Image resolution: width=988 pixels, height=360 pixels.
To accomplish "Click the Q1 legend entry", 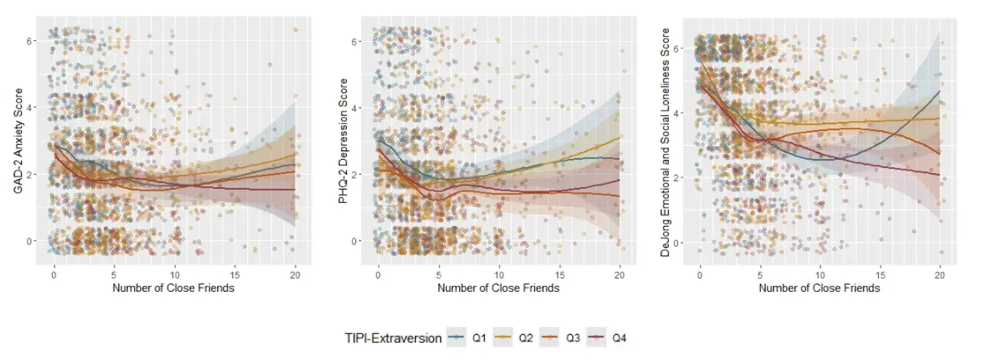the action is point(466,338).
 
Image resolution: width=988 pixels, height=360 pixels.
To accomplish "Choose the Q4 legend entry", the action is point(607,338).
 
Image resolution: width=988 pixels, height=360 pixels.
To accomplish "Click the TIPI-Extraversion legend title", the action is point(393,339).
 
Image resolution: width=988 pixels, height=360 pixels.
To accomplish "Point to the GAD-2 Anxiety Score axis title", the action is point(18,141).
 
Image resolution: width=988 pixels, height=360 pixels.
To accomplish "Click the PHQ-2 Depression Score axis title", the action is point(343,141).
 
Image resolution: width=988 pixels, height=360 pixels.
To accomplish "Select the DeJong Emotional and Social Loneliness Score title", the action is point(665,142).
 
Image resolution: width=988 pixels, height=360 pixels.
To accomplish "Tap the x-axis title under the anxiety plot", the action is point(173,288).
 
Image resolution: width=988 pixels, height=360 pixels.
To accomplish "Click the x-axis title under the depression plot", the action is point(499,288).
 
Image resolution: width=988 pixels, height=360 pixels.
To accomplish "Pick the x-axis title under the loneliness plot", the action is point(819,288).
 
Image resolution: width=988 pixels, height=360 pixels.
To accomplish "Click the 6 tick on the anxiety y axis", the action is point(29,40).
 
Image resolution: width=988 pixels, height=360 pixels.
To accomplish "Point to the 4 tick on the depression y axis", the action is point(354,108).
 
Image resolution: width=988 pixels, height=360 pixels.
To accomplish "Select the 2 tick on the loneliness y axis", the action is point(675,177).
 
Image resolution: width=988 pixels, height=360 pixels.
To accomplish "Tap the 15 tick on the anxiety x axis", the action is point(235,275).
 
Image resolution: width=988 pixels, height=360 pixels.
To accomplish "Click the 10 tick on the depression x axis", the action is point(499,275).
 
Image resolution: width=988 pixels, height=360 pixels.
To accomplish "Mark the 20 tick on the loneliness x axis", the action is point(940,275).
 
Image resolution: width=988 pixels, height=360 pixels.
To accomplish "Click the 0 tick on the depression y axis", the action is point(354,241).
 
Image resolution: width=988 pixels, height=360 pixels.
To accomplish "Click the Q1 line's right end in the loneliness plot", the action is point(940,91).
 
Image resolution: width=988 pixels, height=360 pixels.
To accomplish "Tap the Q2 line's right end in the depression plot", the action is point(620,136).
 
